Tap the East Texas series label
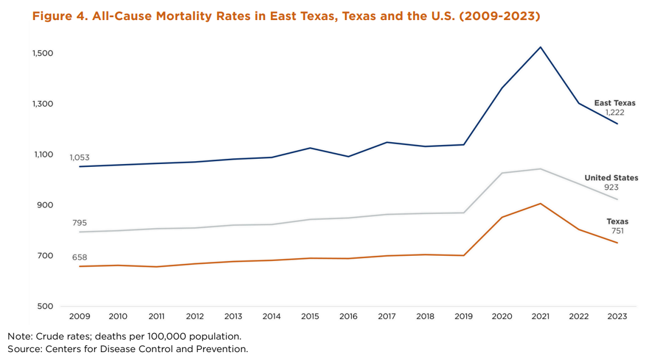coord(615,103)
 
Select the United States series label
coord(611,178)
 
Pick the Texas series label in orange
coord(617,221)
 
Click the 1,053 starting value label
coord(79,158)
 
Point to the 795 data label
coord(79,223)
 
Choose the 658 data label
coord(79,257)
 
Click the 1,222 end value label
coord(615,113)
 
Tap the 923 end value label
coord(611,188)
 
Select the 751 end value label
coord(617,231)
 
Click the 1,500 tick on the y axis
coord(43,53)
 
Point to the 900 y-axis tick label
coord(45,205)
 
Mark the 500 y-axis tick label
coord(45,306)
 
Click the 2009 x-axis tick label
coord(79,317)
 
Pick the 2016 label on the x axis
coord(348,317)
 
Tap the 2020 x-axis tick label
coord(502,317)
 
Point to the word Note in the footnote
coord(18,336)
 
